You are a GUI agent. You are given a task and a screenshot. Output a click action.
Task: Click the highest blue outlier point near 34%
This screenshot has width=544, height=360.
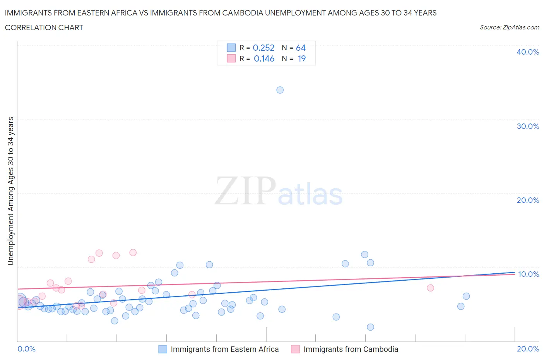pos(280,90)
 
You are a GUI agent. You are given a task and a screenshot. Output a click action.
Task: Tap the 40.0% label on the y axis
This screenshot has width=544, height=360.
pos(527,52)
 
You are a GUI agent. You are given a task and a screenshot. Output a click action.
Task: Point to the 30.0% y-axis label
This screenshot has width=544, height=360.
pos(527,126)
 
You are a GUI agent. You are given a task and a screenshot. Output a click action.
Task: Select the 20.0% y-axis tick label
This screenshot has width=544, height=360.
pos(527,200)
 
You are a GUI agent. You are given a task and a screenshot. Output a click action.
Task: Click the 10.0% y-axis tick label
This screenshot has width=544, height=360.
pos(528,274)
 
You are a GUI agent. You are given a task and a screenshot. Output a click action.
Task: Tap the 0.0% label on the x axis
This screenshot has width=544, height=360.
pos(26,349)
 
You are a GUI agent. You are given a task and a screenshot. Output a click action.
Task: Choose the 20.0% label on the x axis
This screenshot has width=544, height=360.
pos(528,349)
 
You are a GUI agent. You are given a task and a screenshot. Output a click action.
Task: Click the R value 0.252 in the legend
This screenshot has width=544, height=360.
pos(263,48)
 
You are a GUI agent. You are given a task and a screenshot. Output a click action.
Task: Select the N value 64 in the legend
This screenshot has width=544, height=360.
pos(301,48)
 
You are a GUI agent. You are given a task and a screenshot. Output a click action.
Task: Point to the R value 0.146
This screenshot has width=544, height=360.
pos(264,58)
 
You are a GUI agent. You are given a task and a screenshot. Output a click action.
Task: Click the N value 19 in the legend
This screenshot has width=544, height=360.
pos(301,58)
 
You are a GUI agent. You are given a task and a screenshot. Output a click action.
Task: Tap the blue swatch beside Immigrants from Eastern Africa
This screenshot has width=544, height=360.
pos(163,349)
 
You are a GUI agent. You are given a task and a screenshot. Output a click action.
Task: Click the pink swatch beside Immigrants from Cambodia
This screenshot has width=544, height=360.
pos(295,349)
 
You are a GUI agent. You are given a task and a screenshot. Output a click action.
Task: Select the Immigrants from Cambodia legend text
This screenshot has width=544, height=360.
pos(351,349)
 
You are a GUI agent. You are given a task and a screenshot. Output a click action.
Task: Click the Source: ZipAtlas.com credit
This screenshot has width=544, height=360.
pos(509,27)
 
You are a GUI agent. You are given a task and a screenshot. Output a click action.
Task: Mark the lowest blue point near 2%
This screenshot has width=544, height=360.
pos(370,327)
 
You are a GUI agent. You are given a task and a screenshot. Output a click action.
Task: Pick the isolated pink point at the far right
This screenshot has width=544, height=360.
pos(430,288)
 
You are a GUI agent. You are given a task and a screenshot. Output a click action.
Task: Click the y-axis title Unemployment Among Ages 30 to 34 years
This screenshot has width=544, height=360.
pos(10,191)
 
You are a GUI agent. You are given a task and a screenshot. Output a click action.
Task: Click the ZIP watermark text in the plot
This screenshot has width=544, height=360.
pos(245,191)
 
